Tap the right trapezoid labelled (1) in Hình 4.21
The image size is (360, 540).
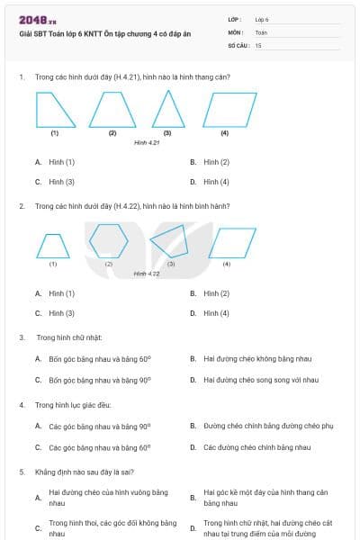tap(53, 111)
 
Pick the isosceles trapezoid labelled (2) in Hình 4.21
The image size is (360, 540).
tap(112, 111)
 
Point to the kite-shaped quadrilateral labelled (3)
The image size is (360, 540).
tap(171, 242)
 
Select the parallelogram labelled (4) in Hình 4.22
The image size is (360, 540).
tap(227, 242)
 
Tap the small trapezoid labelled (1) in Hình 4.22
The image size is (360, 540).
tap(52, 245)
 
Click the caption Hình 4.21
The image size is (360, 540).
tap(147, 142)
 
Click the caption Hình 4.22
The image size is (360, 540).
tap(147, 274)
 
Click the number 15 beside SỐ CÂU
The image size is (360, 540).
tap(258, 45)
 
